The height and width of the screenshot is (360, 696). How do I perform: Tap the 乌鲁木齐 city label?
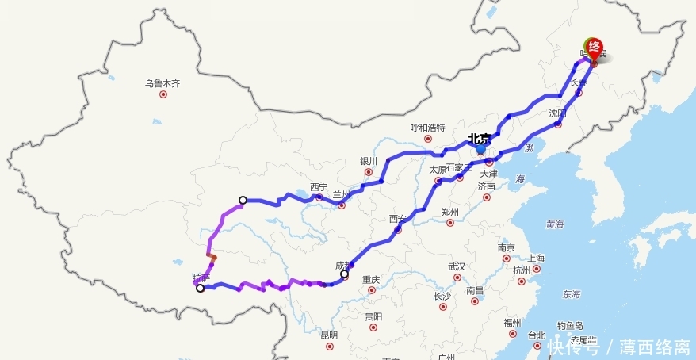click(x=163, y=82)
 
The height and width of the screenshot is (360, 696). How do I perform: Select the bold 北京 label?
click(x=480, y=138)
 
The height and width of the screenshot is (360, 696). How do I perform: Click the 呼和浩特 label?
click(x=427, y=128)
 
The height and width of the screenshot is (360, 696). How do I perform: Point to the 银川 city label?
click(x=369, y=161)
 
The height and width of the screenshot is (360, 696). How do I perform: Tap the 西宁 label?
click(x=319, y=187)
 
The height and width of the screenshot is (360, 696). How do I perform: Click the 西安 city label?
click(x=397, y=219)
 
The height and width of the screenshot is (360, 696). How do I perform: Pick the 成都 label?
click(x=343, y=266)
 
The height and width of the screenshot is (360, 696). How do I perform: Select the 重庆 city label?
click(x=371, y=279)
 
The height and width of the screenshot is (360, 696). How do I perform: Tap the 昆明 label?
click(x=328, y=335)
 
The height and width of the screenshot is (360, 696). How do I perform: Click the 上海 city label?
click(x=536, y=258)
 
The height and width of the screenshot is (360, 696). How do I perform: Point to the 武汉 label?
click(x=457, y=266)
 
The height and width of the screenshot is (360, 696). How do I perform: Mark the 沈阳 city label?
click(x=559, y=113)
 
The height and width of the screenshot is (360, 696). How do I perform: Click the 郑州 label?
click(x=449, y=212)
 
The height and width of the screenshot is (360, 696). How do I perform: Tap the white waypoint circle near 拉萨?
click(x=200, y=289)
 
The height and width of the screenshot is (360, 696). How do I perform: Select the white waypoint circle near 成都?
click(x=344, y=274)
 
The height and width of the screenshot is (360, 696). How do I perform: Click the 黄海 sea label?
click(x=555, y=224)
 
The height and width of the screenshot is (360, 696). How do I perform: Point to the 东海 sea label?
click(x=571, y=294)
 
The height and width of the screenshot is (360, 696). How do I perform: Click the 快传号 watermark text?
click(x=572, y=347)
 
